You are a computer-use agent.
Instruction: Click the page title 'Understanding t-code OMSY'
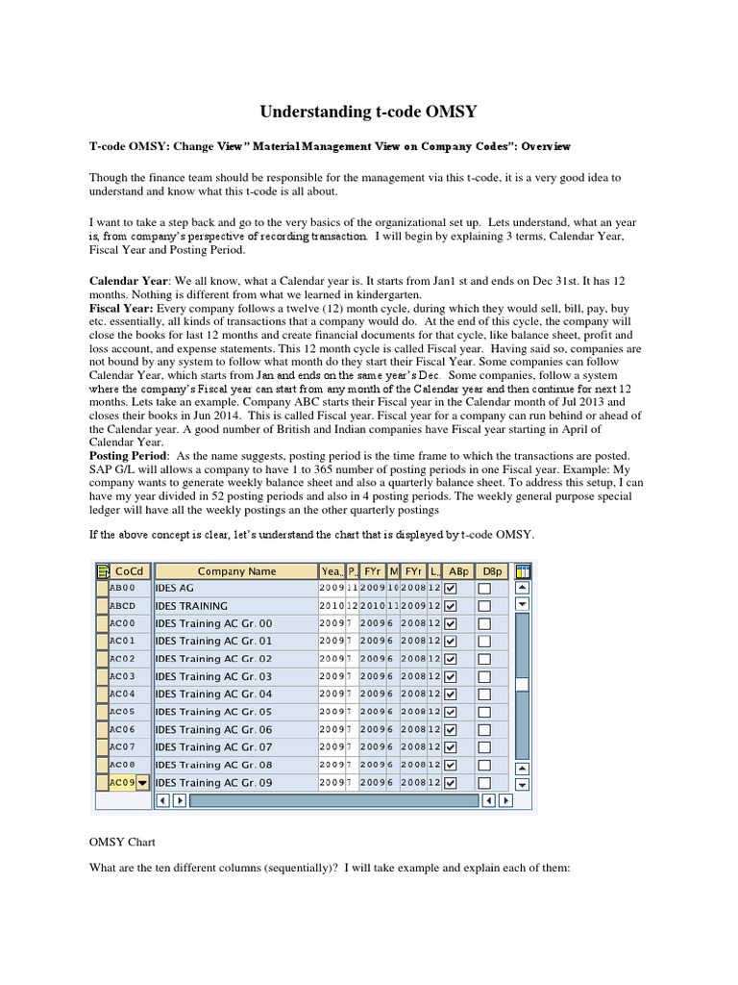tap(368, 112)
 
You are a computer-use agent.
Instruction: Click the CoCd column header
tap(129, 570)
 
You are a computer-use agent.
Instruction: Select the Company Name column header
tap(236, 570)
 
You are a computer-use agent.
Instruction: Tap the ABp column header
tap(458, 570)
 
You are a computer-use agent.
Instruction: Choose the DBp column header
tap(492, 570)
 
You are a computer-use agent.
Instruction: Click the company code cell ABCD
tap(123, 606)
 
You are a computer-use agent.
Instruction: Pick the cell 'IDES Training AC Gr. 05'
tap(213, 712)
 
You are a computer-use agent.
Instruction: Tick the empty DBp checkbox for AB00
tap(484, 588)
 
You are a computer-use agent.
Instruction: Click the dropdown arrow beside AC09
tap(143, 783)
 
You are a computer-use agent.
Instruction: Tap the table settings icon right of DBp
tap(523, 570)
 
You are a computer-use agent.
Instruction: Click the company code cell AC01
tap(123, 641)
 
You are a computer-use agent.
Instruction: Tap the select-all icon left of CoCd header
tap(102, 570)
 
